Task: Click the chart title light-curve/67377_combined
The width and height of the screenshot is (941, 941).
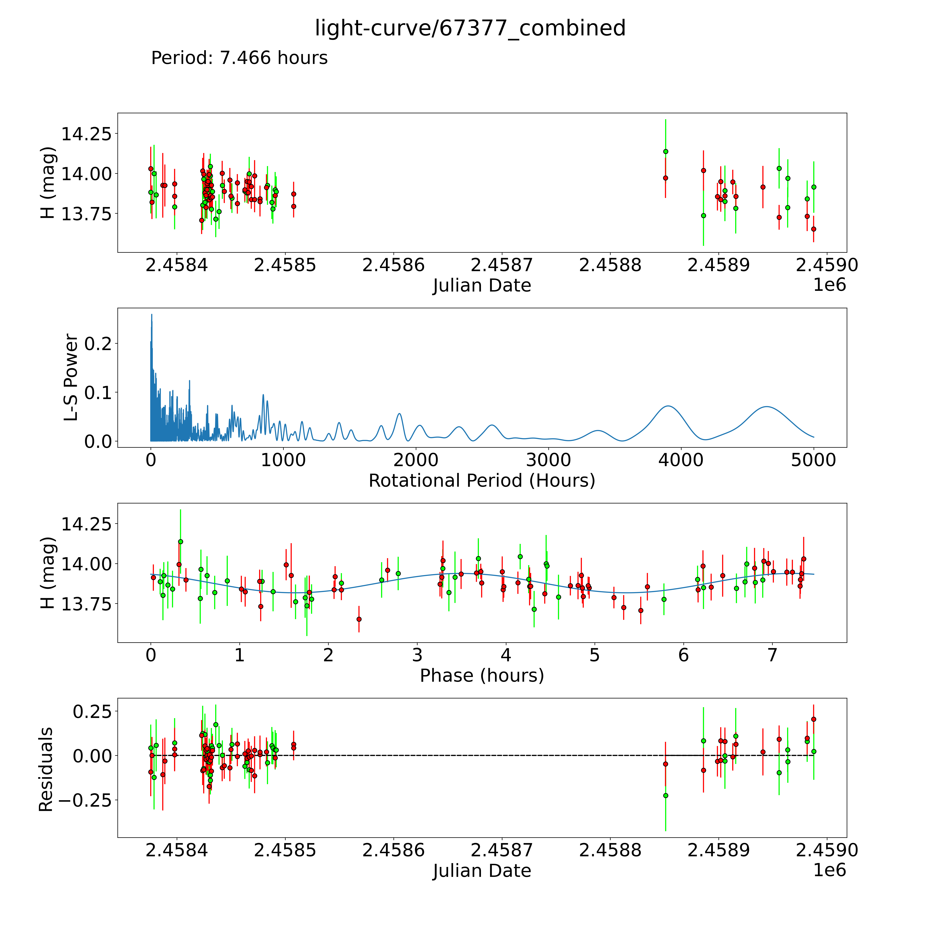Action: (470, 28)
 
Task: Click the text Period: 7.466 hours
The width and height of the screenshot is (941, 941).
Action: (239, 58)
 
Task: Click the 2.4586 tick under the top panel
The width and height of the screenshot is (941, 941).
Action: (393, 265)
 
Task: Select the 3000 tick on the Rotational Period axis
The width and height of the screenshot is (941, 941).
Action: (548, 460)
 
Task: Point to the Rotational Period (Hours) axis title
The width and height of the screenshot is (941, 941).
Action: (482, 481)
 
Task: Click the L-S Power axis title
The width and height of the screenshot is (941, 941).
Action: (71, 377)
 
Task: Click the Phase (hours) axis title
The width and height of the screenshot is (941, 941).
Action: (482, 676)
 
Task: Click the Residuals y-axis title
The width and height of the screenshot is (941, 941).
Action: (46, 770)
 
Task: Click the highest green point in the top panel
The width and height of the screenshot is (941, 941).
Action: (665, 151)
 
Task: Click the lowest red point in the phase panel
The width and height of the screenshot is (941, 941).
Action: (359, 619)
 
